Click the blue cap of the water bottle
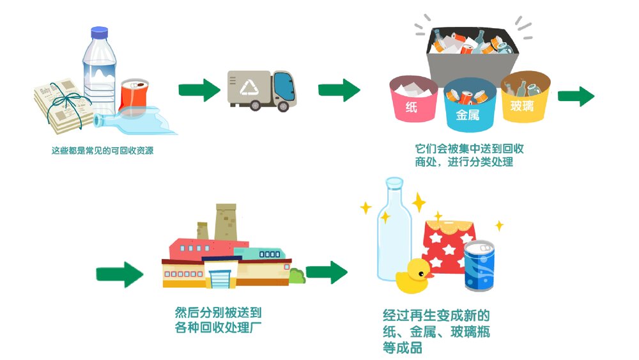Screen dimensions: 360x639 (99, 32)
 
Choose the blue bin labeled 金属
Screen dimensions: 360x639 (470, 106)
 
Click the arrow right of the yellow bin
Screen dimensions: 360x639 (576, 96)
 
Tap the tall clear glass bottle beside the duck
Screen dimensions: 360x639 (394, 230)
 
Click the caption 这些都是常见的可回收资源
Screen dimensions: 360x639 (102, 152)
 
